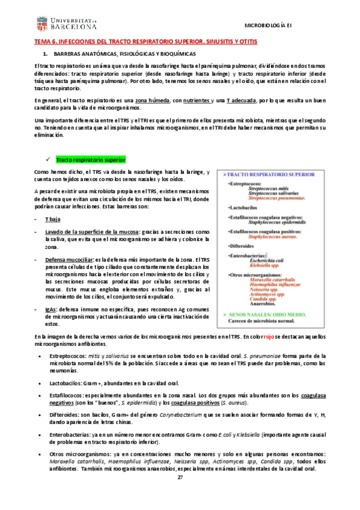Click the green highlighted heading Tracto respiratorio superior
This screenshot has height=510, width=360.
point(91,160)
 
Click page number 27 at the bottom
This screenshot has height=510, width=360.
point(180,494)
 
